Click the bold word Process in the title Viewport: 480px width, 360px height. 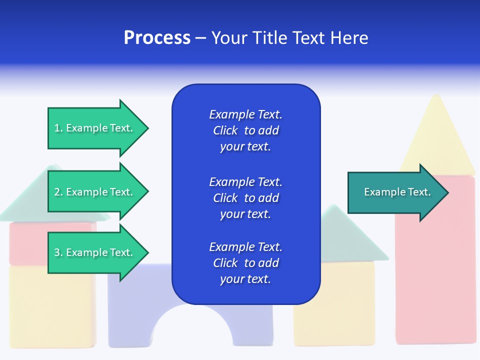click(x=157, y=38)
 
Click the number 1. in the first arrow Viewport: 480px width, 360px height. click(x=58, y=128)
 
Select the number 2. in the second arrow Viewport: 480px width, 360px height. click(x=58, y=192)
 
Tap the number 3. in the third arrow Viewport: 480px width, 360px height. click(x=58, y=252)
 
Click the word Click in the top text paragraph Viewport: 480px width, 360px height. click(x=225, y=130)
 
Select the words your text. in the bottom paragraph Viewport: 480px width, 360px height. click(x=245, y=279)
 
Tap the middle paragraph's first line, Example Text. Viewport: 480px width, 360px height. click(x=245, y=182)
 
